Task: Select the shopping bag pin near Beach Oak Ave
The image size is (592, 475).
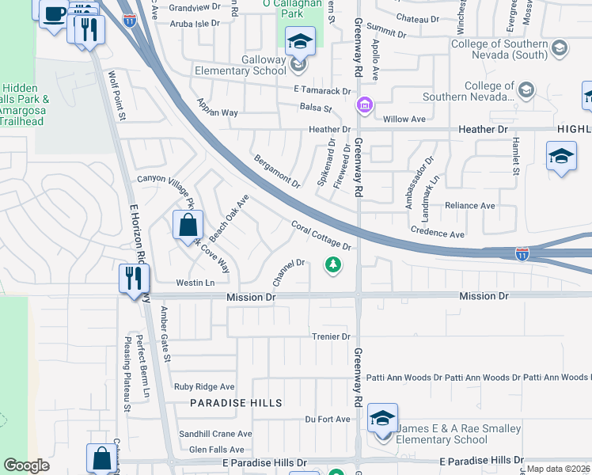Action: [188, 225]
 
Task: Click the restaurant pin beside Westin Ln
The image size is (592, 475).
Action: [132, 279]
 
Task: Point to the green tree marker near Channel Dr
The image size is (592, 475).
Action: [333, 266]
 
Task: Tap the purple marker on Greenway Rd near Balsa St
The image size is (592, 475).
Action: [364, 104]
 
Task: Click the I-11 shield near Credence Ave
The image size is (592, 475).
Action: [522, 253]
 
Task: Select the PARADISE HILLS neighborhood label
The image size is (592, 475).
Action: [236, 403]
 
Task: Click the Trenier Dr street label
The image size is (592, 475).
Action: [330, 336]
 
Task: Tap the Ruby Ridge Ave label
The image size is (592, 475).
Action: [205, 387]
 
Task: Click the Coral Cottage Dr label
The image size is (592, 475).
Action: [321, 236]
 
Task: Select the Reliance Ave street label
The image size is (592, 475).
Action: [469, 206]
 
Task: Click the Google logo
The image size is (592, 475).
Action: [26, 465]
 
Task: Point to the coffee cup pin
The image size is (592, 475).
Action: [54, 13]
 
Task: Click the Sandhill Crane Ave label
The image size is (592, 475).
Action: [214, 434]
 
